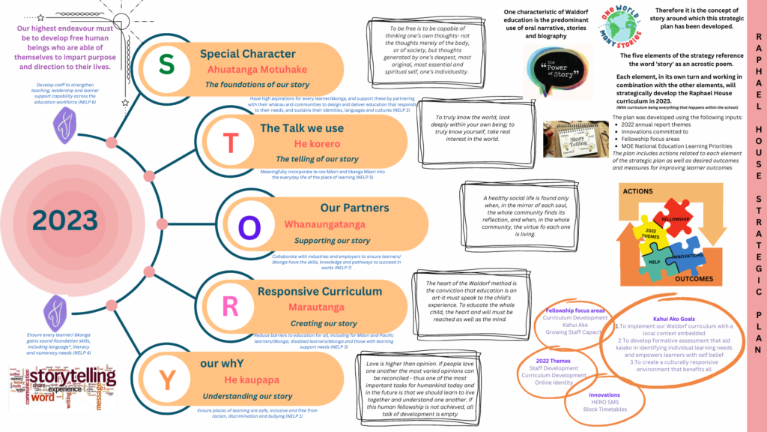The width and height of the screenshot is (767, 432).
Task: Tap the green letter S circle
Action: tap(166, 64)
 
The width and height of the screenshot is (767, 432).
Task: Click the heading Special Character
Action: tap(247, 54)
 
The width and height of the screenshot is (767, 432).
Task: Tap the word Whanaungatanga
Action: tap(324, 224)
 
